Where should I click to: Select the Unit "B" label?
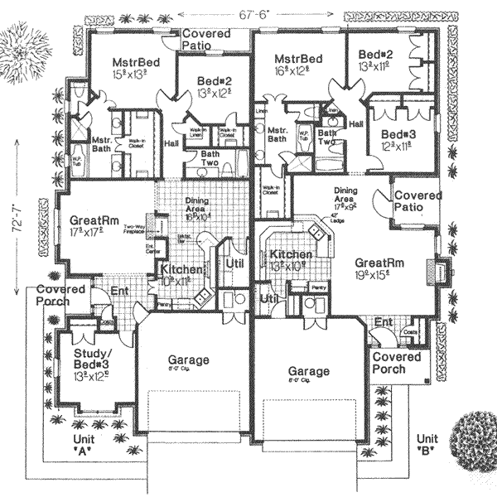coord(428,444)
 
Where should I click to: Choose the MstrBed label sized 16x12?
coord(297,65)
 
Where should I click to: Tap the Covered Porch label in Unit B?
coord(397,363)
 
